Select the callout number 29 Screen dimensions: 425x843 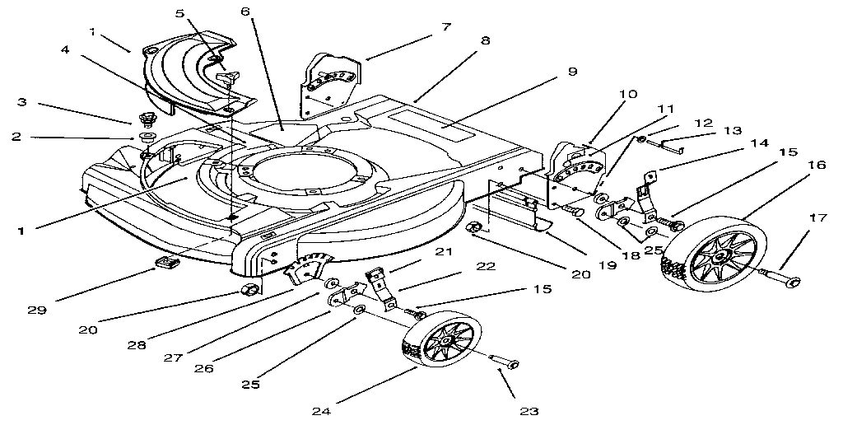(x=35, y=311)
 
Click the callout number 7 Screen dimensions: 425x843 (x=445, y=26)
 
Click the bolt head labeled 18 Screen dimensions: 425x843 (x=575, y=212)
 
